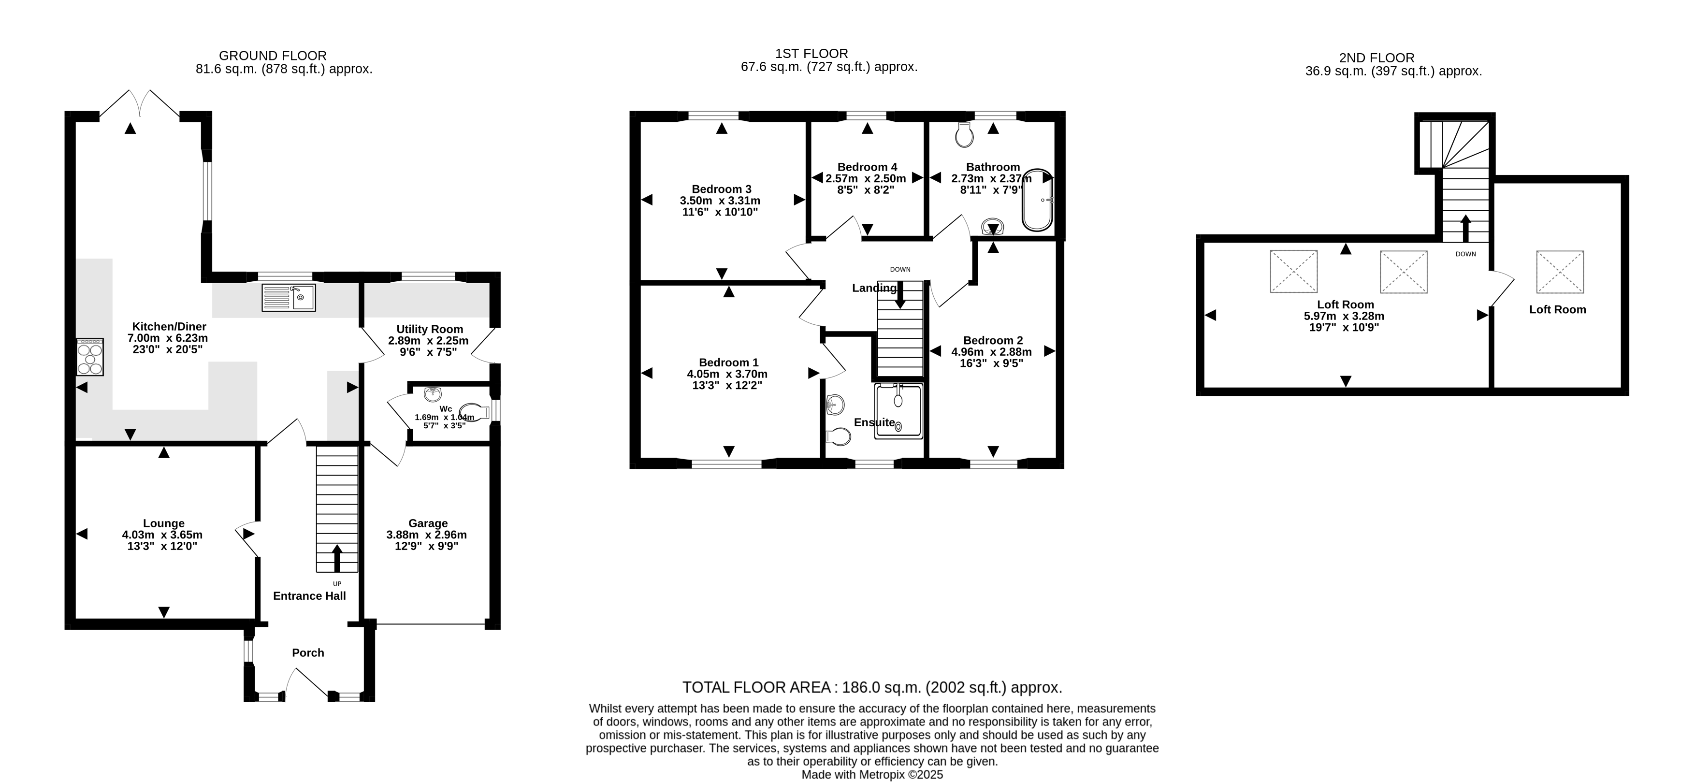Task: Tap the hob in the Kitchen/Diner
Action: tap(90, 357)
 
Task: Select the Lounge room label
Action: tap(164, 523)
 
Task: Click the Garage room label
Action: tap(428, 523)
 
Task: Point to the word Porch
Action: tap(308, 652)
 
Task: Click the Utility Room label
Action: tap(430, 329)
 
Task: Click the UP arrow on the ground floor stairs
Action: tap(337, 558)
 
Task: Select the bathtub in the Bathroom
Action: tap(1038, 200)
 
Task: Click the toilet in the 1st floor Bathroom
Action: tap(965, 135)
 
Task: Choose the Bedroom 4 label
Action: tap(867, 167)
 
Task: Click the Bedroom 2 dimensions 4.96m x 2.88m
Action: tap(992, 351)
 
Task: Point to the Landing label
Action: tap(874, 288)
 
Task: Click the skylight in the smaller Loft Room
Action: tap(1560, 271)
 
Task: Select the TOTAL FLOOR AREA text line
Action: tap(872, 687)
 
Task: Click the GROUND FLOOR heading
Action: tap(273, 56)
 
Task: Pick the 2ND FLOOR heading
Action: tap(1376, 58)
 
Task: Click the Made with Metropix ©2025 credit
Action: tap(872, 775)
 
